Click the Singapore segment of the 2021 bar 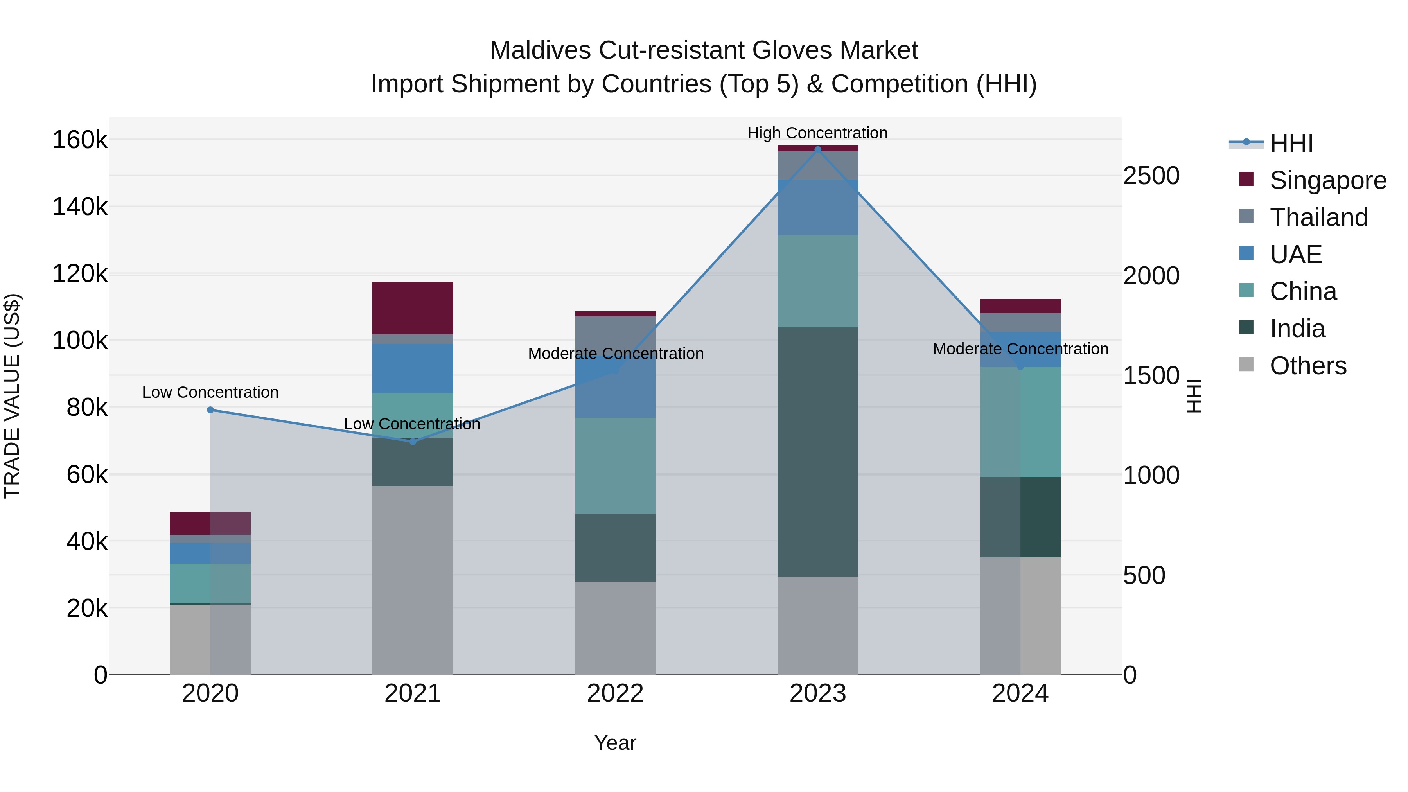pos(413,308)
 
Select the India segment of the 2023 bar pos(818,451)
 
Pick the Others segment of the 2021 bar pos(413,579)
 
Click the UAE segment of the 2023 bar pos(818,207)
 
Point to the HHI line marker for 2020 pos(210,410)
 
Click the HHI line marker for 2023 pos(818,149)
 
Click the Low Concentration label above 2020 pos(210,392)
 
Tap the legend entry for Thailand pos(1318,217)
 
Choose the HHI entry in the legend pos(1291,143)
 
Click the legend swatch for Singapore pos(1246,179)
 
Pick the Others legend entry pos(1307,366)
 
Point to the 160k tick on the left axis pos(80,140)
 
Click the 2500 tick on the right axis pos(1151,176)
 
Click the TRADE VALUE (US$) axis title pos(12,396)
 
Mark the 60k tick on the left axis pos(87,474)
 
